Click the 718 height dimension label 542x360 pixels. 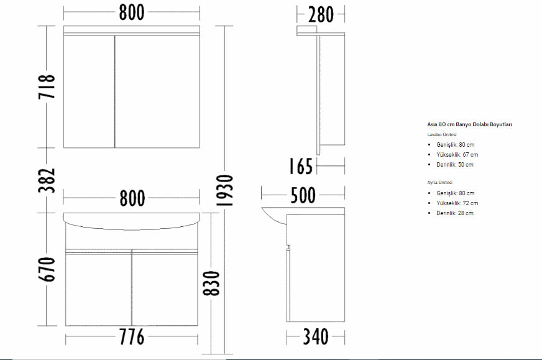click(x=47, y=86)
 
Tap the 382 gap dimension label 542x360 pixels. click(x=47, y=180)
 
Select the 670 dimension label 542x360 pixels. click(x=47, y=269)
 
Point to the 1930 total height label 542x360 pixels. click(x=224, y=190)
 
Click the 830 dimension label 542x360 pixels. click(x=211, y=284)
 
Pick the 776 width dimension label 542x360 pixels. click(x=132, y=337)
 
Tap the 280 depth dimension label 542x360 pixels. click(x=321, y=14)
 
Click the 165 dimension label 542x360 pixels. click(x=301, y=166)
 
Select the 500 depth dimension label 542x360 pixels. click(x=303, y=195)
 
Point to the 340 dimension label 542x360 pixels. click(x=316, y=337)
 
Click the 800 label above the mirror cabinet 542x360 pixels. click(x=132, y=12)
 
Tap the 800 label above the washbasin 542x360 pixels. click(x=132, y=198)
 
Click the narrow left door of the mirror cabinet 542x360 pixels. click(x=89, y=91)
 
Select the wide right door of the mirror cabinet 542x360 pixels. click(x=158, y=91)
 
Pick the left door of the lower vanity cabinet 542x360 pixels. click(x=98, y=289)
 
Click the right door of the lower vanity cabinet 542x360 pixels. click(x=165, y=289)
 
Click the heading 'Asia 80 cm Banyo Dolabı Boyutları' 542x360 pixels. click(x=469, y=124)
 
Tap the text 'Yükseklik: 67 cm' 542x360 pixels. click(x=457, y=155)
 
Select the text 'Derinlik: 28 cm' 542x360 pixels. click(x=455, y=213)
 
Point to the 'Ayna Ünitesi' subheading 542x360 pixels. click(x=439, y=183)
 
